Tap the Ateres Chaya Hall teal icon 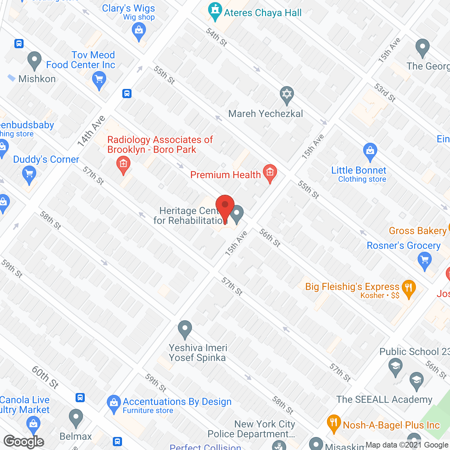[214, 11]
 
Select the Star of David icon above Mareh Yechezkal [287, 95]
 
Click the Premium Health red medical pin [270, 173]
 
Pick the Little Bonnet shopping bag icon [370, 152]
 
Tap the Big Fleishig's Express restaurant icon [408, 288]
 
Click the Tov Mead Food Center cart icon [99, 80]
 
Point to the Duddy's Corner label [46, 159]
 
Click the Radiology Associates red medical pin [123, 165]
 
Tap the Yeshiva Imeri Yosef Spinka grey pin [185, 329]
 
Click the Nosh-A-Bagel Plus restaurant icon [334, 423]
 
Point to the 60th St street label [45, 377]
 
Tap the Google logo [24, 442]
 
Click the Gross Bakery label [417, 231]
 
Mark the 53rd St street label [385, 92]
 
